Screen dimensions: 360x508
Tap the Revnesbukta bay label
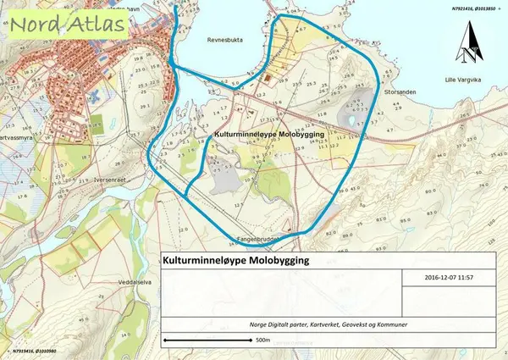(x=224, y=39)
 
